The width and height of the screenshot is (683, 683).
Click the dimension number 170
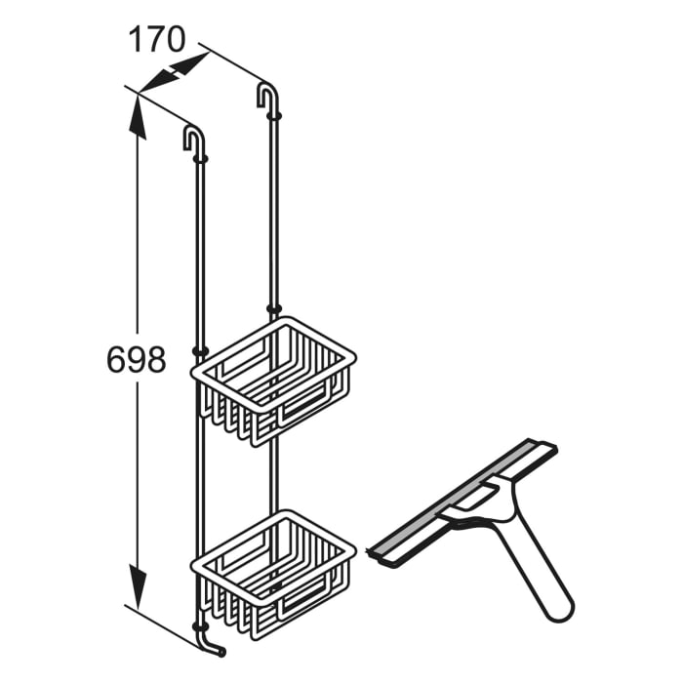point(157,40)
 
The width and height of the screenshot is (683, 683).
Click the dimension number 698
point(136,361)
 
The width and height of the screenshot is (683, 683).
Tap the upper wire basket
point(273,376)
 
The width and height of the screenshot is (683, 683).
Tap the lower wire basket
point(273,571)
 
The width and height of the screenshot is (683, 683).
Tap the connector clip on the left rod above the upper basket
point(201,349)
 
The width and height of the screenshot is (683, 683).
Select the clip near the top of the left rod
point(201,156)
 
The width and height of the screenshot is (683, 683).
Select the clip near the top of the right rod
point(274,115)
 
